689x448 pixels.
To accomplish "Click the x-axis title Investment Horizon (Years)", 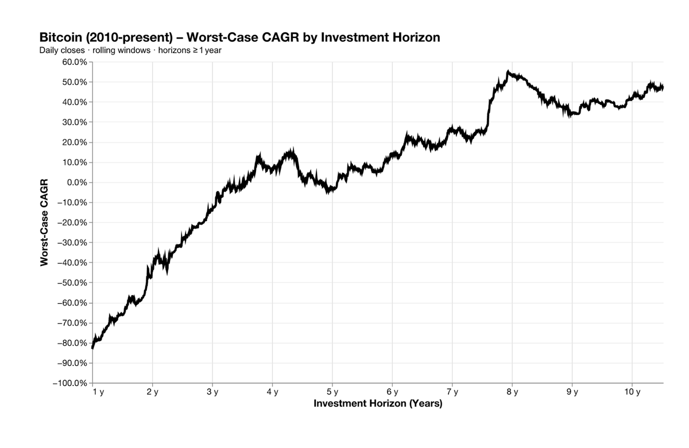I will click(x=378, y=404).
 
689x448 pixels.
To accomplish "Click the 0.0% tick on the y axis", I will click(x=77, y=183).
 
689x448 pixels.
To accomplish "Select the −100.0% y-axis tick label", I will click(x=69, y=383).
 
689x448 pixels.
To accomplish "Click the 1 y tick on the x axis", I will click(x=98, y=392).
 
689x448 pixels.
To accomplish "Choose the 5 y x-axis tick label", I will click(x=332, y=392).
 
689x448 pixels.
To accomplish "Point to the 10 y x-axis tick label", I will click(x=632, y=392).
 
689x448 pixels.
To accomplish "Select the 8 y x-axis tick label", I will click(x=512, y=392).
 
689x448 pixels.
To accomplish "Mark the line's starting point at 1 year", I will click(x=93, y=347).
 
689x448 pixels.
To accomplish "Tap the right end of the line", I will click(x=663, y=87).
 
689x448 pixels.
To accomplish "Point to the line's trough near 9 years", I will click(x=570, y=115).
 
